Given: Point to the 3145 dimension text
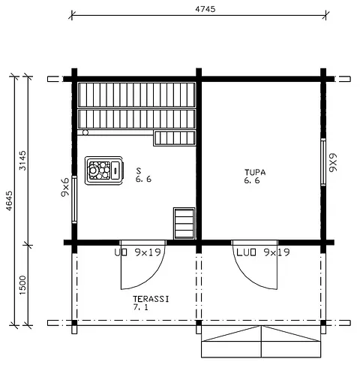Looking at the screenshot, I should [x=22, y=161].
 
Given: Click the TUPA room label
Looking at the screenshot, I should [x=255, y=172].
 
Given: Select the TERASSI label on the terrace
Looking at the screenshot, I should [x=151, y=298].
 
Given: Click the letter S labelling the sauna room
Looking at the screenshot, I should [x=139, y=170].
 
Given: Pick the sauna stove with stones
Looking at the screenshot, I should [x=103, y=170].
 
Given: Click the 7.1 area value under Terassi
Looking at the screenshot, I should [x=141, y=308].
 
